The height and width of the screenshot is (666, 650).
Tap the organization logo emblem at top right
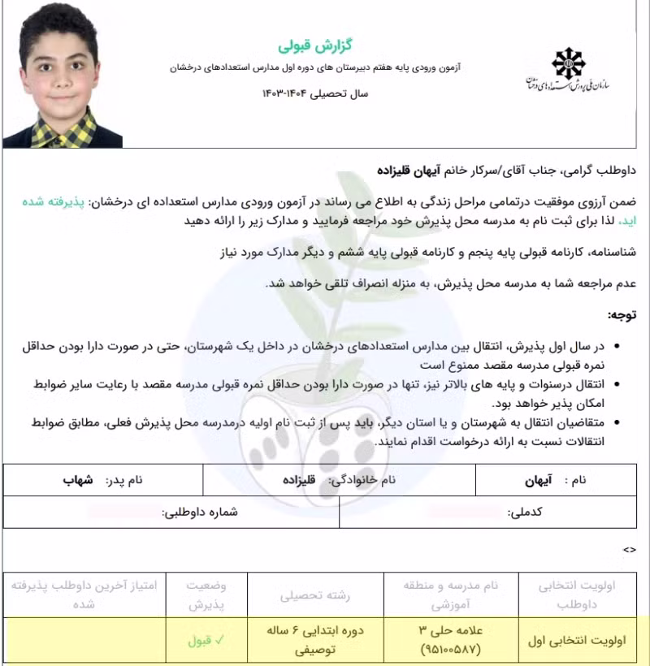(x=567, y=63)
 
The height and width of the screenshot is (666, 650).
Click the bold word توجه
(x=622, y=314)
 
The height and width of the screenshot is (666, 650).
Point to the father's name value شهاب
(x=78, y=480)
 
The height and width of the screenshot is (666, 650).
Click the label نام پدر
(x=123, y=480)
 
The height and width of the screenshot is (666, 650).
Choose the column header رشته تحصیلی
(x=315, y=595)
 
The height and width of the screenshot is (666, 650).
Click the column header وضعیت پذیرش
(x=206, y=595)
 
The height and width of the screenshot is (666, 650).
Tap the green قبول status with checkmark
(x=207, y=640)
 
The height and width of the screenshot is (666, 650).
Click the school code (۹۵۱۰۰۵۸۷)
(x=453, y=650)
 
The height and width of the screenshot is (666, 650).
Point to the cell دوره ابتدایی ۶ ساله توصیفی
(x=315, y=640)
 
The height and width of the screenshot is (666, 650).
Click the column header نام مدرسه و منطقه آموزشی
(x=453, y=595)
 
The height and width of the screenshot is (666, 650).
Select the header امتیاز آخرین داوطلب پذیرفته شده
(x=84, y=595)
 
